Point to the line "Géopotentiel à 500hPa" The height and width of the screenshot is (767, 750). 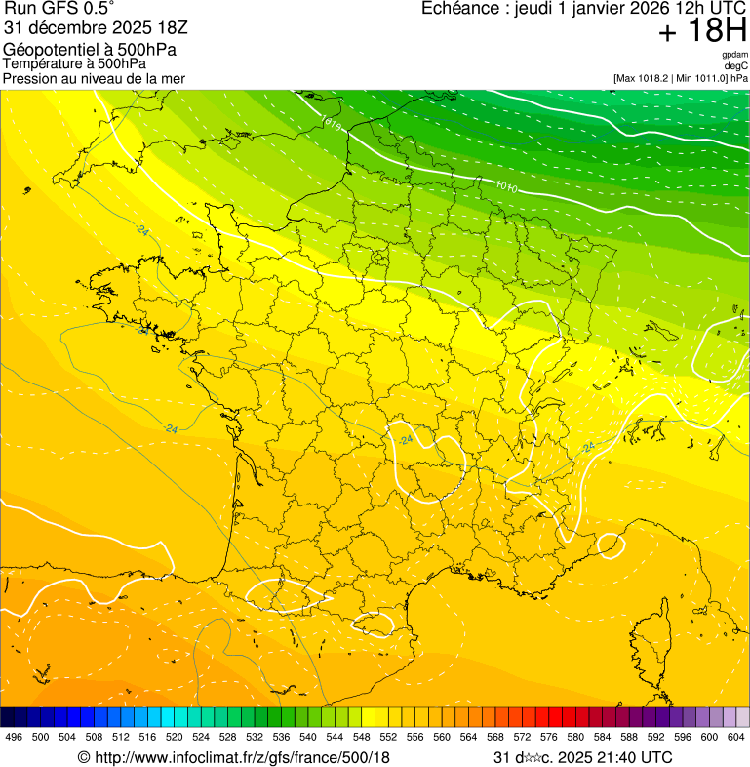coord(90,49)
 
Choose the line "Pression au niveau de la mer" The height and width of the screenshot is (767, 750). coord(94,78)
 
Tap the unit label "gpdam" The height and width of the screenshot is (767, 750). coord(734,55)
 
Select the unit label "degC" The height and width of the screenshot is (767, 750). coord(736,66)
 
